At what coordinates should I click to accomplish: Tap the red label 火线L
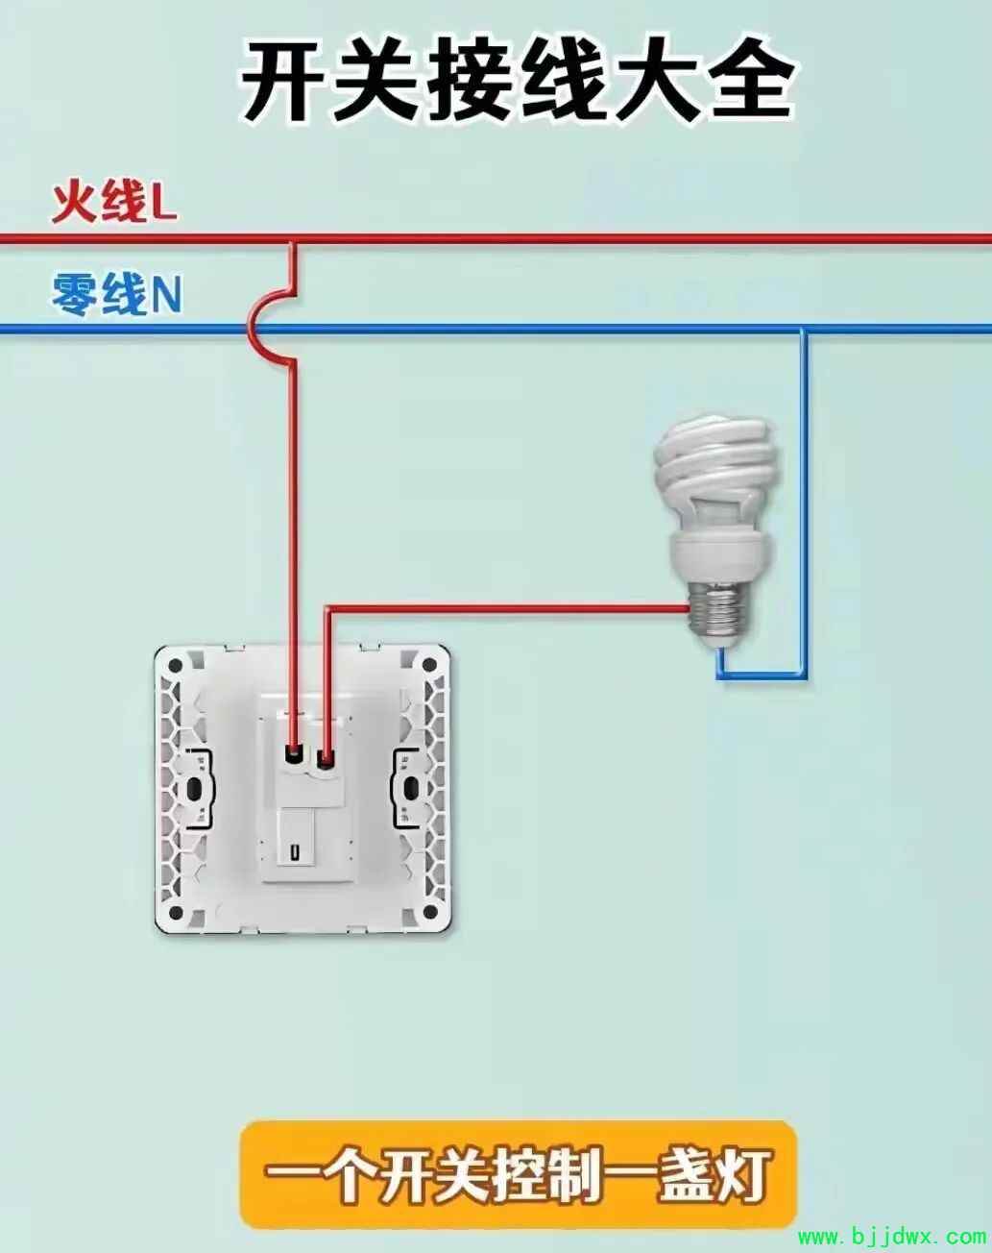pyautogui.click(x=114, y=203)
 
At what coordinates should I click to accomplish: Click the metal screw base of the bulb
pyautogui.click(x=719, y=612)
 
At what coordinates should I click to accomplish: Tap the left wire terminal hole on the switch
pyautogui.click(x=294, y=756)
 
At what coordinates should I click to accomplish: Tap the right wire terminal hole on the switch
pyautogui.click(x=327, y=757)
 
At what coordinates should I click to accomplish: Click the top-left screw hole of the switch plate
pyautogui.click(x=175, y=666)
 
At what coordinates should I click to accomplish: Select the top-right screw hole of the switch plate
pyautogui.click(x=429, y=665)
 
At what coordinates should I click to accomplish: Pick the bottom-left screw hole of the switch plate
pyautogui.click(x=175, y=912)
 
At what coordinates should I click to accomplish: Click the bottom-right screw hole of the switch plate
pyautogui.click(x=429, y=912)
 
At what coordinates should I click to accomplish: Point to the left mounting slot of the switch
pyautogui.click(x=193, y=790)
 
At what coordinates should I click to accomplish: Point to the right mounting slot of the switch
pyautogui.click(x=412, y=789)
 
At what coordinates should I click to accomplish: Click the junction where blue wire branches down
pyautogui.click(x=804, y=331)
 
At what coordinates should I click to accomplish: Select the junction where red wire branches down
pyautogui.click(x=294, y=239)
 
